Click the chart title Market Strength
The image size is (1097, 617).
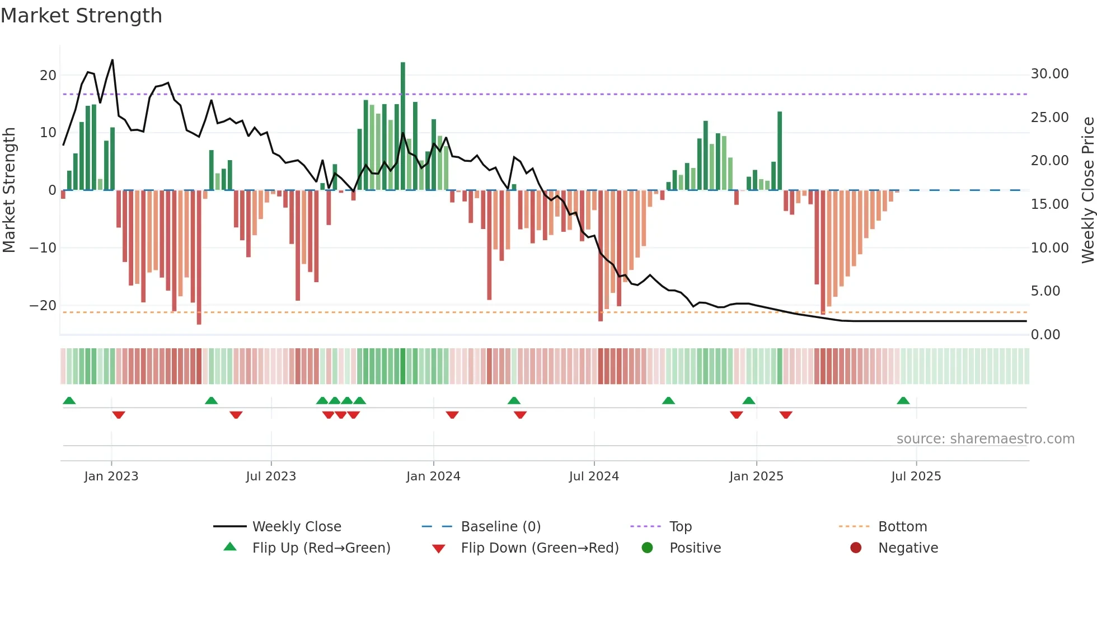[x=81, y=16]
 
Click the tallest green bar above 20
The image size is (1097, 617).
[x=403, y=126]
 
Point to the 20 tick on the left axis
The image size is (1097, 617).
[x=48, y=76]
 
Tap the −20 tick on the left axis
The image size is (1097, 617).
[x=43, y=306]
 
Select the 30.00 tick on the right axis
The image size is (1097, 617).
[x=1049, y=74]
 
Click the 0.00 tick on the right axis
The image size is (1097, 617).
[x=1045, y=335]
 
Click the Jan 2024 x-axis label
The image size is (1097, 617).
[x=433, y=476]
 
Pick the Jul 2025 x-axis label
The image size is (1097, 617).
[x=916, y=476]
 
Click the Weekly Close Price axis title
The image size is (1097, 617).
[x=1087, y=190]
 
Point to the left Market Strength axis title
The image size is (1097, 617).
[x=10, y=190]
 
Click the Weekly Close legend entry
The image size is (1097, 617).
[x=296, y=527]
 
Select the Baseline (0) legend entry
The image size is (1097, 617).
[x=500, y=527]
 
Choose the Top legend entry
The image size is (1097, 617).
[x=680, y=527]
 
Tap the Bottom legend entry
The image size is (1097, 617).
[x=902, y=527]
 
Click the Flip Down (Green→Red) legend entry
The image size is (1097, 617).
[x=540, y=548]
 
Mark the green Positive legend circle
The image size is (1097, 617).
[x=648, y=548]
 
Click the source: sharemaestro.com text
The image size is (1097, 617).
[x=985, y=439]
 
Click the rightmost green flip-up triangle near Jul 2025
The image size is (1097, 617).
[x=903, y=401]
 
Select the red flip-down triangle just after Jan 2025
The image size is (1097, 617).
[x=786, y=415]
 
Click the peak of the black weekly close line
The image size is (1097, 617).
[x=112, y=60]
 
